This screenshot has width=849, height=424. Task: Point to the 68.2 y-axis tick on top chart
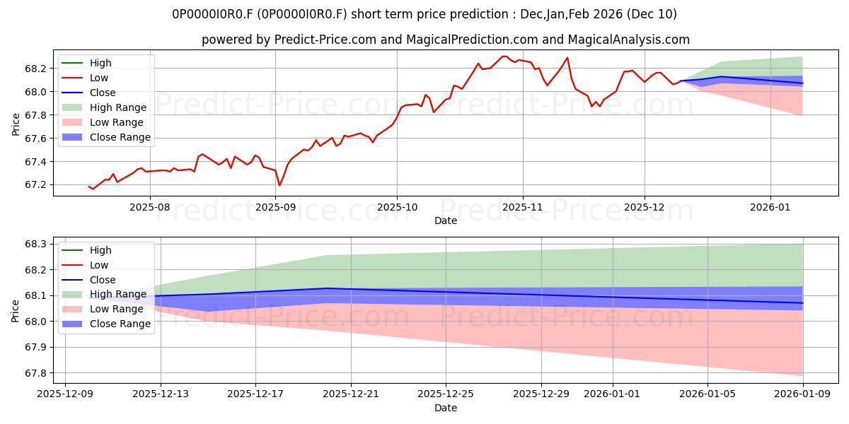[x=35, y=69]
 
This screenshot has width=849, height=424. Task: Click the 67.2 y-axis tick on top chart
[x=35, y=185]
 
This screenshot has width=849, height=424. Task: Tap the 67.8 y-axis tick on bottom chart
[x=35, y=373]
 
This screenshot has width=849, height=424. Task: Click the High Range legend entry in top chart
[x=118, y=107]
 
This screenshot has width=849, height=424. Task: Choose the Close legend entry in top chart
[x=103, y=93]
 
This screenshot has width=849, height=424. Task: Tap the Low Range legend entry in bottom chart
[x=117, y=310]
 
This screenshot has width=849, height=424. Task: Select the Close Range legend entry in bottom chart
[x=120, y=324]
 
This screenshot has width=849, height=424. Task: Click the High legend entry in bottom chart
[x=100, y=250]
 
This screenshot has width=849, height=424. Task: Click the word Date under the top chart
[x=446, y=221]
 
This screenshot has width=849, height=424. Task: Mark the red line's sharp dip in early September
[x=279, y=185]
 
